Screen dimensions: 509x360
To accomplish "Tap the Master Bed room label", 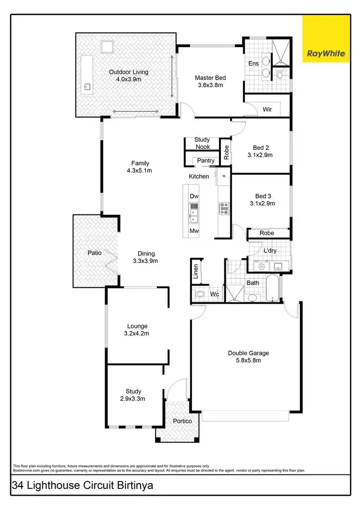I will [210, 78].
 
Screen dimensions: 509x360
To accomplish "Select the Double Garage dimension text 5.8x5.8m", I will [248, 361].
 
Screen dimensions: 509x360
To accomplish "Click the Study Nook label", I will [202, 143].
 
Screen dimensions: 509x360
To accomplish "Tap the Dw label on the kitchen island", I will [194, 196].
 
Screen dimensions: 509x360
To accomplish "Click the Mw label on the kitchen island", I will [194, 231].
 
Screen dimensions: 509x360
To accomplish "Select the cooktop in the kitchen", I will [224, 208].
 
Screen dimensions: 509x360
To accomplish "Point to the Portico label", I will [182, 421].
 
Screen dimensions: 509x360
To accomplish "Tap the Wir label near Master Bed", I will [267, 109].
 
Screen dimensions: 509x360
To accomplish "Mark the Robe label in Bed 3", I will [267, 233].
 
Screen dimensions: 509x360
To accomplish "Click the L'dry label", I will [269, 250].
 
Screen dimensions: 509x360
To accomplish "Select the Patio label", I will [94, 252].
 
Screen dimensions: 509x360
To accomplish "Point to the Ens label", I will [253, 63].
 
